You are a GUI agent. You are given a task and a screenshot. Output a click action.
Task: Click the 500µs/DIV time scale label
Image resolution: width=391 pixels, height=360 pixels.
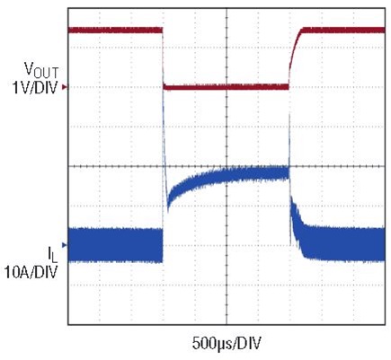click(228, 342)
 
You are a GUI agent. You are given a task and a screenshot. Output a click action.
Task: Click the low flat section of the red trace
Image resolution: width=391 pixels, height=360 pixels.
click(225, 87)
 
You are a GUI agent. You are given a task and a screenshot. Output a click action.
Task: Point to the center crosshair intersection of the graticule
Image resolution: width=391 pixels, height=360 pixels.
click(227, 166)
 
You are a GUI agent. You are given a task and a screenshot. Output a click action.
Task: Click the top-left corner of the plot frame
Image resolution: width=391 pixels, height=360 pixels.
click(69, 10)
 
